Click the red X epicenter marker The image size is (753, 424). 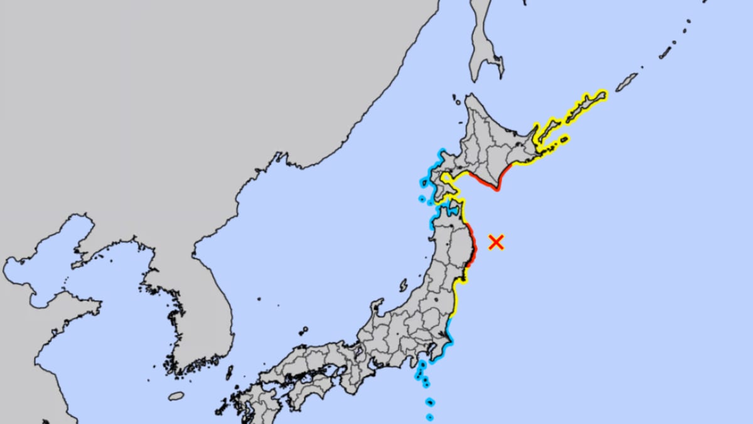tap(496, 242)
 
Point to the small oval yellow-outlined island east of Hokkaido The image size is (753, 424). tap(564, 139)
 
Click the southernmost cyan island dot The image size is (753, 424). tap(430, 416)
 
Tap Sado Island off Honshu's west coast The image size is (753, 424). tap(403, 285)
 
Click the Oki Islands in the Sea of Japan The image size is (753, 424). tap(304, 330)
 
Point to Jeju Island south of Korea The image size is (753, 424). tap(177, 396)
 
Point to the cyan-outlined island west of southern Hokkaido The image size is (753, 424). tap(422, 199)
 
